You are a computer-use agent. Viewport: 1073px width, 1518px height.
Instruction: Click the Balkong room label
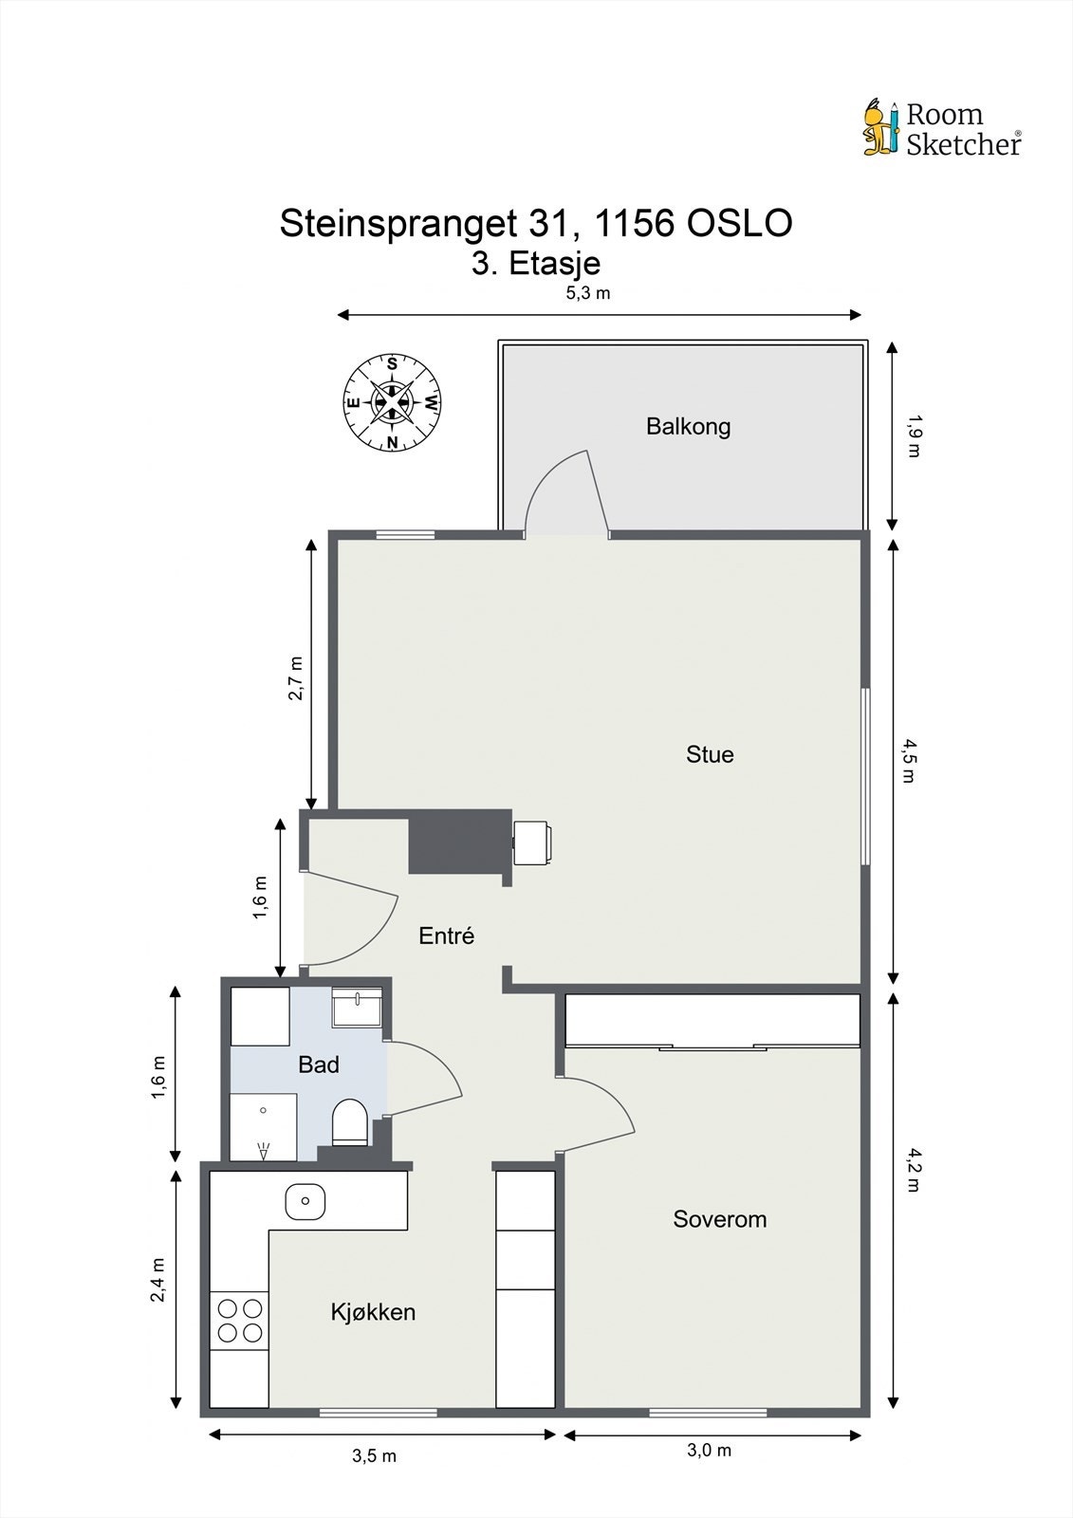pos(688,426)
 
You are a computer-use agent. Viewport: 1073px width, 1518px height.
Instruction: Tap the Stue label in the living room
pos(710,754)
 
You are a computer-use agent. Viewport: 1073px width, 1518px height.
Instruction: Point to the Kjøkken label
pos(373,1312)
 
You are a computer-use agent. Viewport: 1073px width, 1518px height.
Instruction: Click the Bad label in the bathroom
pos(319,1064)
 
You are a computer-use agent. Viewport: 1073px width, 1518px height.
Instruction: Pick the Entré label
pos(446,935)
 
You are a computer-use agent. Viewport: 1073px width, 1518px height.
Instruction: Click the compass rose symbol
pos(393,402)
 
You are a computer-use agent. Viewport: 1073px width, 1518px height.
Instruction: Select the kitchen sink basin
pos(305,1201)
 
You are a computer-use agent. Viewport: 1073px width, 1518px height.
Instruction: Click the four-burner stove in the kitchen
pos(239,1320)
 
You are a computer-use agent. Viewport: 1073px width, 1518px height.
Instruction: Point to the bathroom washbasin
pos(357,1007)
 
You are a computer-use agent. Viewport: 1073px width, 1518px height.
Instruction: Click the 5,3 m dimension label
pos(588,293)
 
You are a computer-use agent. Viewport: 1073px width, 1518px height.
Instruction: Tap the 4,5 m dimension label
pos(908,760)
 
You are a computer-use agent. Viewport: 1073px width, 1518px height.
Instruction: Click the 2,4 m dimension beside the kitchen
pos(157,1280)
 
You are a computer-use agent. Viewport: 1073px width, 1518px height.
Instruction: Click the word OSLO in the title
pos(739,223)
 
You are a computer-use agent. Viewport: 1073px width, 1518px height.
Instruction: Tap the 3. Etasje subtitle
pos(536,264)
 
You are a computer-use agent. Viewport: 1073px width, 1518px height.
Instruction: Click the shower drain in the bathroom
pos(263,1111)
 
